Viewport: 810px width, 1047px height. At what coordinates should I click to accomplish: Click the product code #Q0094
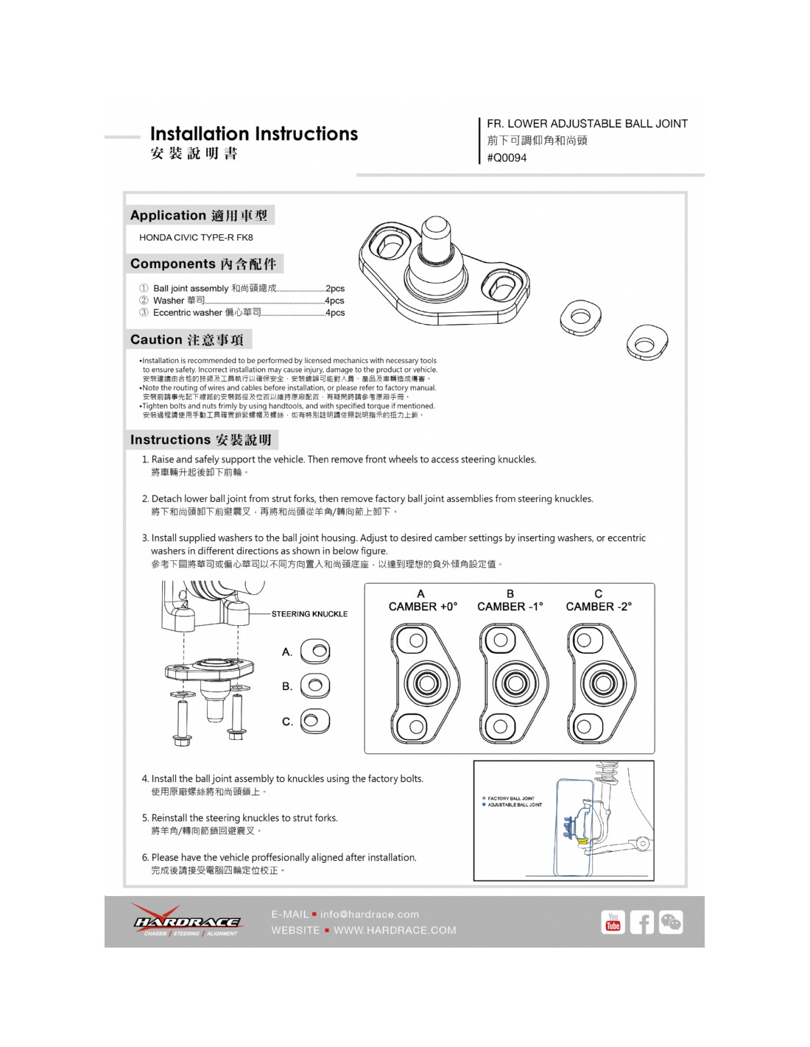coord(507,158)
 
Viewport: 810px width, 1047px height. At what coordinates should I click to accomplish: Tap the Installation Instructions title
coord(253,134)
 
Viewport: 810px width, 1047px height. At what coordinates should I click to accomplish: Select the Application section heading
coord(198,216)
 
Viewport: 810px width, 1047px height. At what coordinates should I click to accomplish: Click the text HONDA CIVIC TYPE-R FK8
coord(196,238)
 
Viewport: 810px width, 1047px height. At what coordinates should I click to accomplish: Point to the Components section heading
coord(203,264)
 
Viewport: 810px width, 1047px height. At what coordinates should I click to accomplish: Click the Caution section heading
coord(187,340)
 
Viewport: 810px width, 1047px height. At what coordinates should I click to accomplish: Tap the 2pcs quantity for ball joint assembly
coord(335,289)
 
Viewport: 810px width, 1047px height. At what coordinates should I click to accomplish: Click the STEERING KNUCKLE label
coord(309,614)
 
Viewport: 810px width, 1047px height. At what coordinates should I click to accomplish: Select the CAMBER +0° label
coord(423,607)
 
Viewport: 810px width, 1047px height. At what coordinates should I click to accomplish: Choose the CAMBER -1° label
coord(510,607)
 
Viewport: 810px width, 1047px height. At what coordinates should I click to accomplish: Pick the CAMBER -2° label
coord(599,607)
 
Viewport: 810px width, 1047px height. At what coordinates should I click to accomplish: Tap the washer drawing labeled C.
coord(314,721)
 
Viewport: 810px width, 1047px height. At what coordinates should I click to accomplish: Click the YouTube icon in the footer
coord(613,923)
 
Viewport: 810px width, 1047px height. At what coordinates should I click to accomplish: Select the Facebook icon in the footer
coord(641,923)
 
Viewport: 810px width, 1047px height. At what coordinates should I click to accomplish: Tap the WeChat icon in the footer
coord(671,923)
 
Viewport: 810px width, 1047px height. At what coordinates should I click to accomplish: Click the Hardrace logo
coord(186,922)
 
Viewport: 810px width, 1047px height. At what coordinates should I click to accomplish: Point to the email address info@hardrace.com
coord(370,914)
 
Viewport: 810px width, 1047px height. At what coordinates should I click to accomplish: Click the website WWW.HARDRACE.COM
coord(395,931)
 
